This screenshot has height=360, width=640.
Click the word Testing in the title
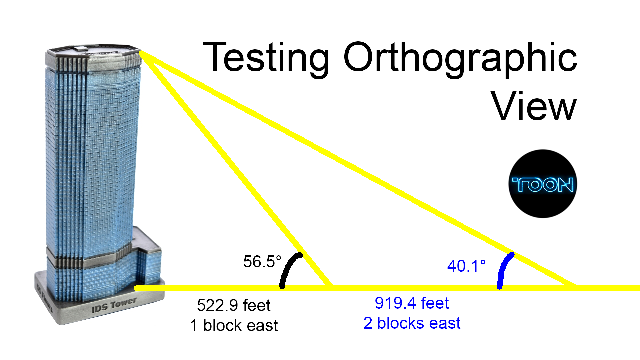click(266, 57)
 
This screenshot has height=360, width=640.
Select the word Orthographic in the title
click(460, 57)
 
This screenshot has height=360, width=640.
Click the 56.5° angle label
click(262, 262)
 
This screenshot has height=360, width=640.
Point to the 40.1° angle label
click(466, 266)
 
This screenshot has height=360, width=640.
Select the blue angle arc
click(503, 268)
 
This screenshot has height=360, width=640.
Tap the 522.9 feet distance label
click(234, 305)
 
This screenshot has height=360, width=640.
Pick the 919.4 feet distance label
click(412, 303)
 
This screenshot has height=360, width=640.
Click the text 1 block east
click(234, 325)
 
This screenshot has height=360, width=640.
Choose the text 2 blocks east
click(412, 323)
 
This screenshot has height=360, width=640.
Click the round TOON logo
click(543, 184)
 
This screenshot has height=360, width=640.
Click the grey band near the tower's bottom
click(87, 262)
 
